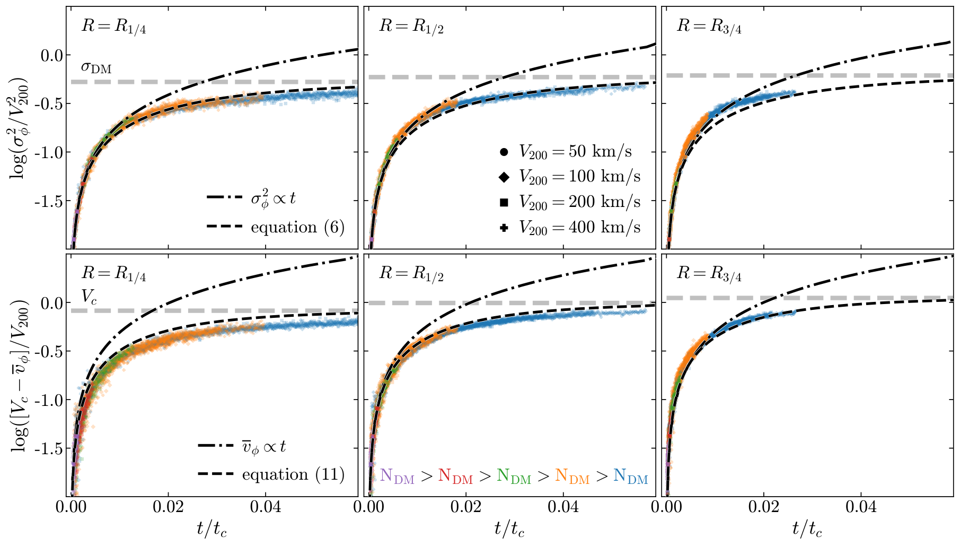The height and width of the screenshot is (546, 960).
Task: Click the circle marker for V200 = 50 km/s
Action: pyautogui.click(x=504, y=152)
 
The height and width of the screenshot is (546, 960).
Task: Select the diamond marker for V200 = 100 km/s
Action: pyautogui.click(x=504, y=177)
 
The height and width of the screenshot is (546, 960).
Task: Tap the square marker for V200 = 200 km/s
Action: pyautogui.click(x=504, y=202)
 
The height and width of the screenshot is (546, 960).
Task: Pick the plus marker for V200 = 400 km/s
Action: pyautogui.click(x=504, y=228)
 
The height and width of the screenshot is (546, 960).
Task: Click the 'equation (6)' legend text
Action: pyautogui.click(x=298, y=227)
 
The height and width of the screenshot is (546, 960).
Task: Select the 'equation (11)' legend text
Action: pyautogui.click(x=293, y=474)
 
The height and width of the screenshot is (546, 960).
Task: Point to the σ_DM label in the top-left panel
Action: pyautogui.click(x=96, y=67)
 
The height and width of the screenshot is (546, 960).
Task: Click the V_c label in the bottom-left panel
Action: pyautogui.click(x=89, y=297)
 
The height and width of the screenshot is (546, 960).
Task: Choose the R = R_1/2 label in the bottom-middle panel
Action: pyautogui.click(x=411, y=274)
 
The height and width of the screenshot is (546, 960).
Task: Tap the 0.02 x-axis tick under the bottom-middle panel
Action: pyautogui.click(x=466, y=508)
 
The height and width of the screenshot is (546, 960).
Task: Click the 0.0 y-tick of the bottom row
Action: pyautogui.click(x=52, y=303)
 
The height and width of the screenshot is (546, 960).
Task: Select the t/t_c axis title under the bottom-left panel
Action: pyautogui.click(x=212, y=528)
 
